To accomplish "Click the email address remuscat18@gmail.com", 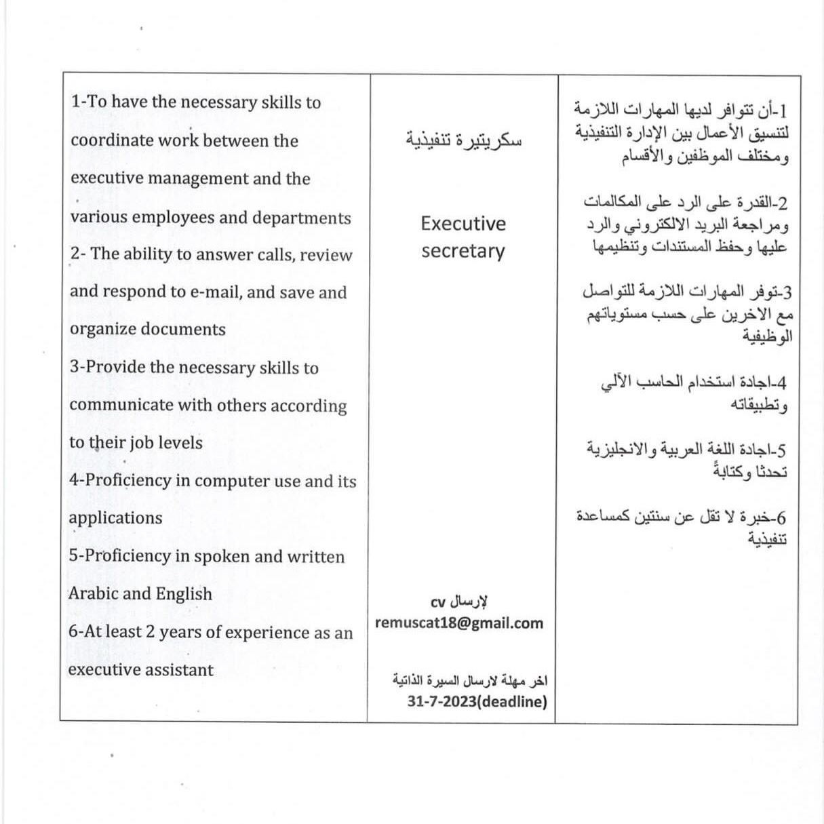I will (x=458, y=623).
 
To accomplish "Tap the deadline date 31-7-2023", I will (x=442, y=702).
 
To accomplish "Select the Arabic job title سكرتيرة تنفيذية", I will (x=463, y=140).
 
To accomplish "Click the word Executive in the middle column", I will (x=463, y=224).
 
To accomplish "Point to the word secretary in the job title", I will (x=463, y=252).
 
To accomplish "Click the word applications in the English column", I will (x=116, y=518).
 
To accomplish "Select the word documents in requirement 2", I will (x=183, y=330).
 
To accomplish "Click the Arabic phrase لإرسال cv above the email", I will (x=460, y=602).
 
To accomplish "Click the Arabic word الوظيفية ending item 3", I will (x=767, y=336).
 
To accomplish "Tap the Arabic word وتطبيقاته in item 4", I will (x=759, y=406).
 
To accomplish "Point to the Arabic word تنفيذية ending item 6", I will (x=767, y=540).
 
